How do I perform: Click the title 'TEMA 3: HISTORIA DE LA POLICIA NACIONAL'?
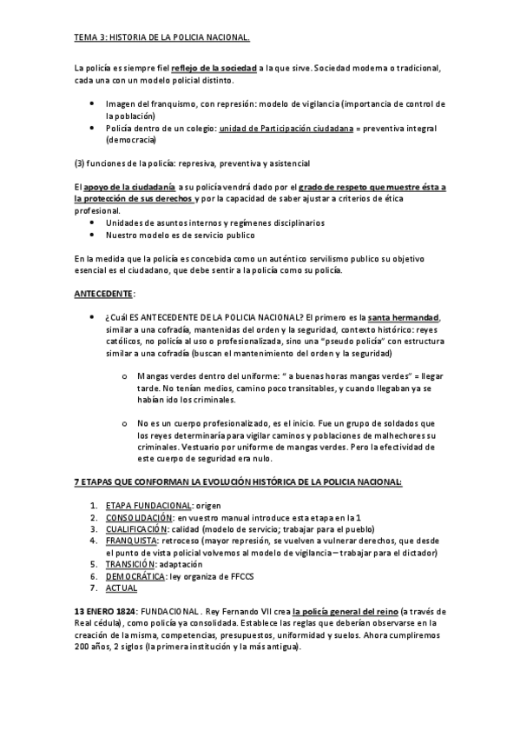(x=161, y=37)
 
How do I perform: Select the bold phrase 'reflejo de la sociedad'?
(x=213, y=69)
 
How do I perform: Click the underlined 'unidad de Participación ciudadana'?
(x=286, y=128)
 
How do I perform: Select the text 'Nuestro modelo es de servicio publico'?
(x=180, y=235)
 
